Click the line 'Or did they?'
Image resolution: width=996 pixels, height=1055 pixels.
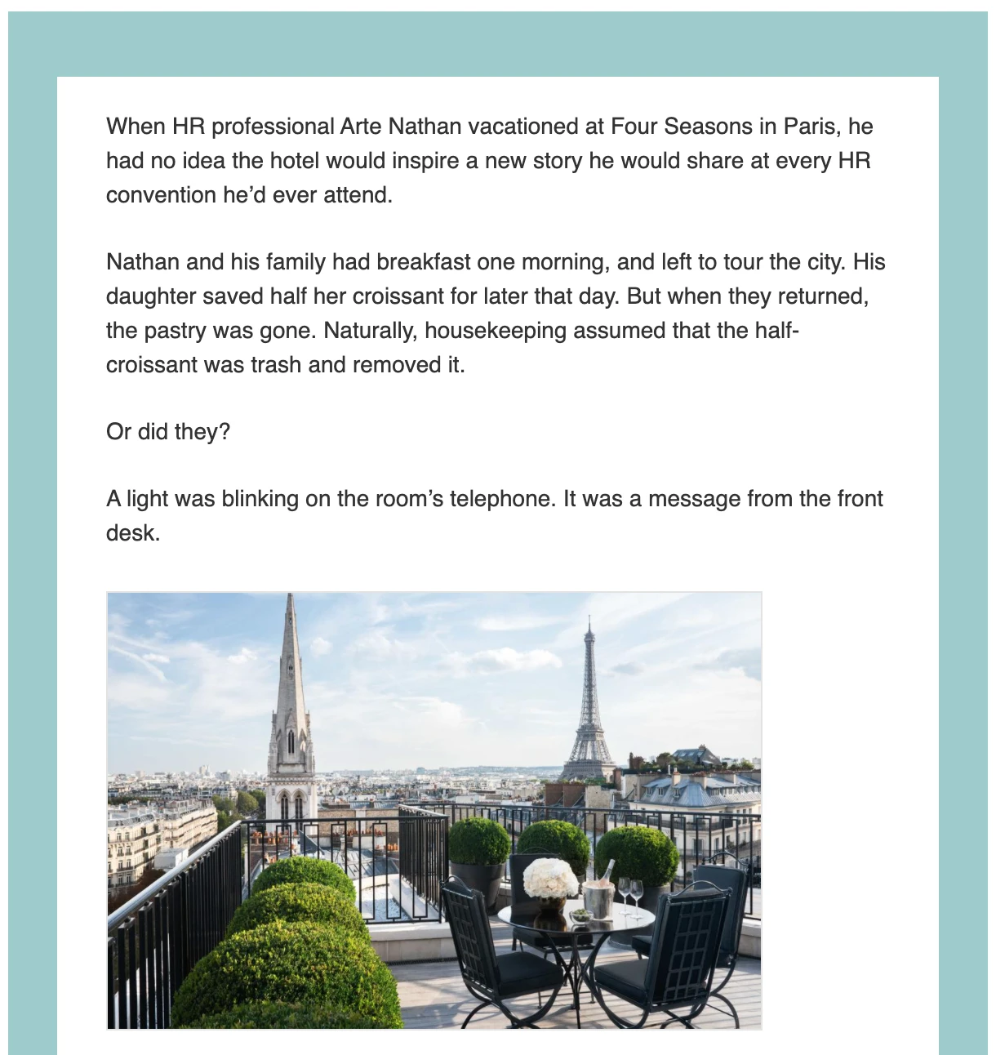168,431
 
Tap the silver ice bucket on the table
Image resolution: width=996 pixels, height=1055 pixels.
598,898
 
